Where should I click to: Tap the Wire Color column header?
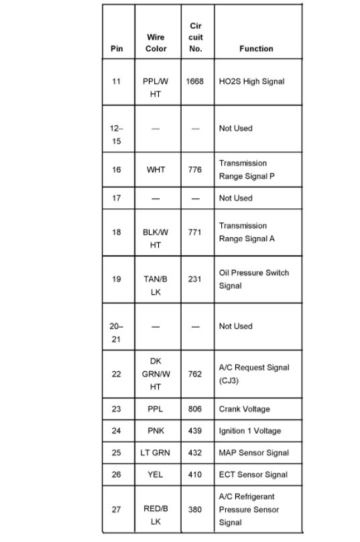click(156, 43)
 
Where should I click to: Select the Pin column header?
click(117, 49)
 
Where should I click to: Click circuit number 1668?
click(194, 82)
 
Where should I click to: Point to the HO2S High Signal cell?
click(251, 82)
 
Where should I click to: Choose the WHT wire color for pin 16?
click(156, 170)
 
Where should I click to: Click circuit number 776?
click(194, 170)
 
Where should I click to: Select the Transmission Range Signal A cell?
click(246, 232)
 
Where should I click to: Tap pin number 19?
click(117, 279)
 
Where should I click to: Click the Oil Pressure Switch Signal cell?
click(253, 279)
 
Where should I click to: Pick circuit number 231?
click(194, 279)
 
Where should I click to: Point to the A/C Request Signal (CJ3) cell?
click(254, 374)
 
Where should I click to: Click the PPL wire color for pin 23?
click(156, 409)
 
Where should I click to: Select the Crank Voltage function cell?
click(244, 409)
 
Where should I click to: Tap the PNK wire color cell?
click(156, 431)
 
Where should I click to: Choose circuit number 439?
click(194, 431)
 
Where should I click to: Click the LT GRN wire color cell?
click(156, 453)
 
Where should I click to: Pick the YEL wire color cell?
click(156, 474)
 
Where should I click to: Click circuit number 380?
click(194, 510)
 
